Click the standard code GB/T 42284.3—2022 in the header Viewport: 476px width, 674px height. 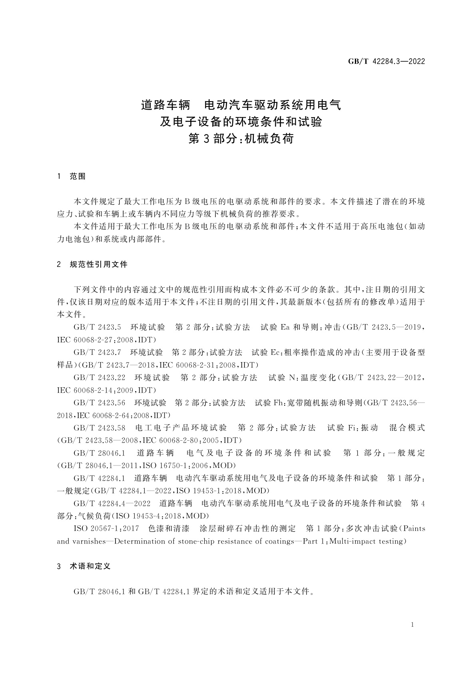(386, 62)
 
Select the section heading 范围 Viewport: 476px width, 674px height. (78, 177)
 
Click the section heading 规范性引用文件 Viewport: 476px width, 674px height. (98, 265)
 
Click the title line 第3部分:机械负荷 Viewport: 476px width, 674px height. (241, 138)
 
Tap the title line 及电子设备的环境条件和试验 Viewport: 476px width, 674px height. (241, 122)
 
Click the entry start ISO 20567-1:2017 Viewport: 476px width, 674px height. (106, 529)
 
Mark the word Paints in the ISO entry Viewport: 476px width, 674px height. (414, 529)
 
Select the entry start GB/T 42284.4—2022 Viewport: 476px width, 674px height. (112, 503)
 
